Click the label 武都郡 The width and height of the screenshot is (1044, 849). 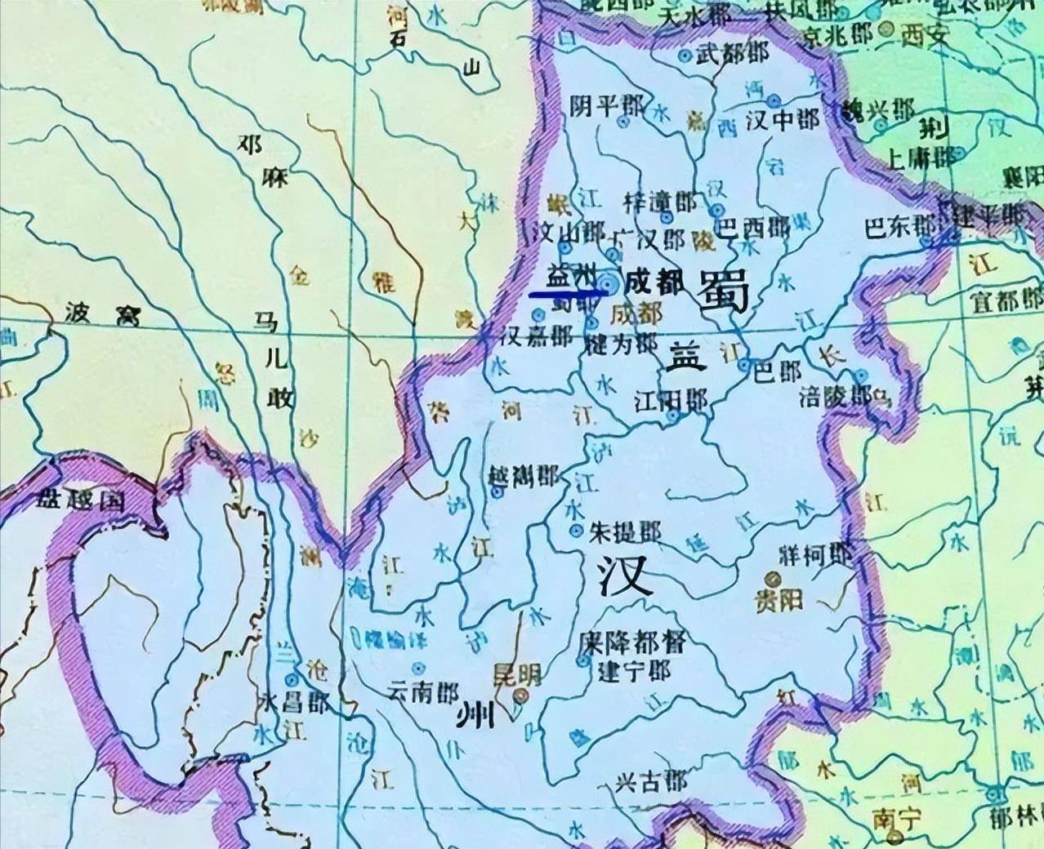click(733, 55)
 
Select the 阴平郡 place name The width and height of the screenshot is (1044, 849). click(605, 106)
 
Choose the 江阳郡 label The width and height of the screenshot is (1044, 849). click(671, 401)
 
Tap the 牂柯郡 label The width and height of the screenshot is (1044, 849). click(815, 557)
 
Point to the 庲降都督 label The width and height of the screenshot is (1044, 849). click(631, 642)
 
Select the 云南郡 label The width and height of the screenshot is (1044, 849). click(422, 691)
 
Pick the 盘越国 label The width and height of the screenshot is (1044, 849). click(80, 500)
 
